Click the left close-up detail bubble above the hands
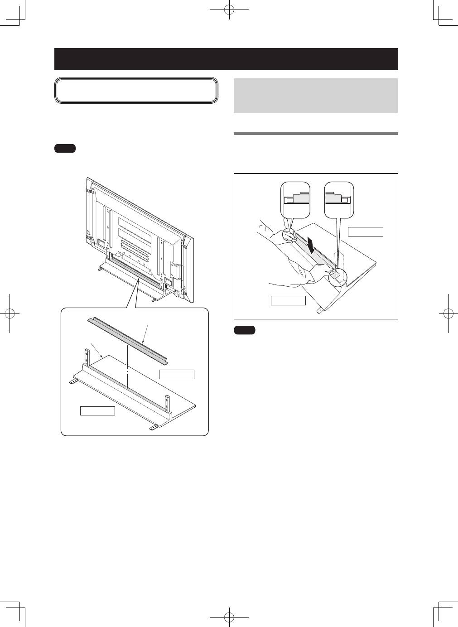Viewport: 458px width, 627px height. point(295,199)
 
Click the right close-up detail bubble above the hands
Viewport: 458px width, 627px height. point(339,199)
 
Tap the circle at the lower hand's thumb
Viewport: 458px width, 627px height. point(337,277)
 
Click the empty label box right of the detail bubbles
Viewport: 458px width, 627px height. point(365,232)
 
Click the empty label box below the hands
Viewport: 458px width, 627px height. point(288,300)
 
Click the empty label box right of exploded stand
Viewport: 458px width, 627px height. point(176,374)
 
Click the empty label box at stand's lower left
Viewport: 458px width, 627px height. point(97,411)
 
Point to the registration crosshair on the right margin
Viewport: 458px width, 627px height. point(448,313)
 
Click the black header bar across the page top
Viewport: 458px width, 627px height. point(226,59)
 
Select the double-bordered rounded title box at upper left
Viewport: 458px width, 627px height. point(136,91)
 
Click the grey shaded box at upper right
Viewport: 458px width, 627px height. point(315,96)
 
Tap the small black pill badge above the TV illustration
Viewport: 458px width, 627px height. point(65,148)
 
